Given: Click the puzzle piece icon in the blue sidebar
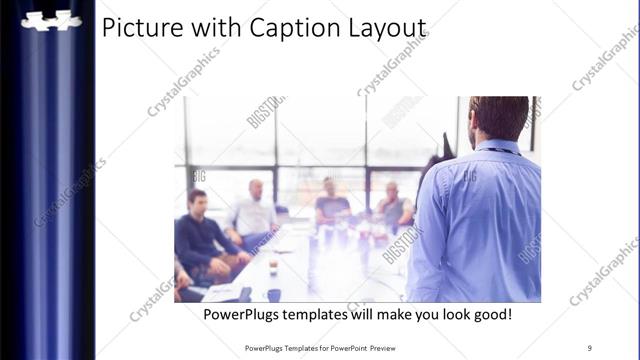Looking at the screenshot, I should (51, 20).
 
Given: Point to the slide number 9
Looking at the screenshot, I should (590, 348).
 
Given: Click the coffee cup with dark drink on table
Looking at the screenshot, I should (273, 267).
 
